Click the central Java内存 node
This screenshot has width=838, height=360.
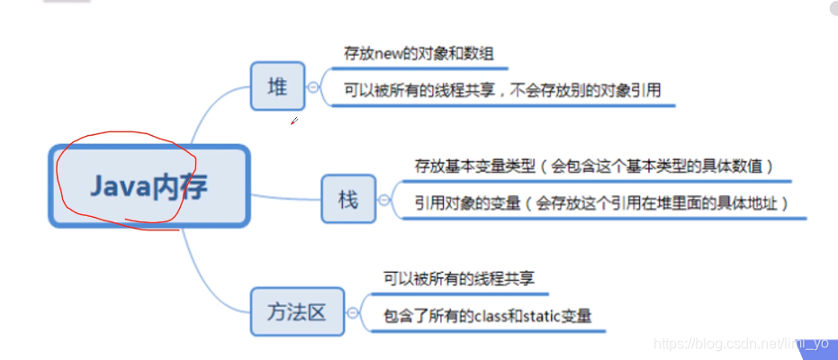[x=148, y=186]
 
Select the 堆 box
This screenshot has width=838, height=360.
[x=277, y=86]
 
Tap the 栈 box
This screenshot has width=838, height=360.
[x=348, y=198]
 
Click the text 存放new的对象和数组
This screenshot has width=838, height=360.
[x=418, y=54]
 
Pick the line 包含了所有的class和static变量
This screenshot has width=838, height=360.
[x=487, y=316]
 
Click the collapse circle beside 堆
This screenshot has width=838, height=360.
[x=313, y=87]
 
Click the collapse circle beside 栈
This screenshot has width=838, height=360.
[x=385, y=199]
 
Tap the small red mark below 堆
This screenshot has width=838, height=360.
[x=293, y=121]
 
